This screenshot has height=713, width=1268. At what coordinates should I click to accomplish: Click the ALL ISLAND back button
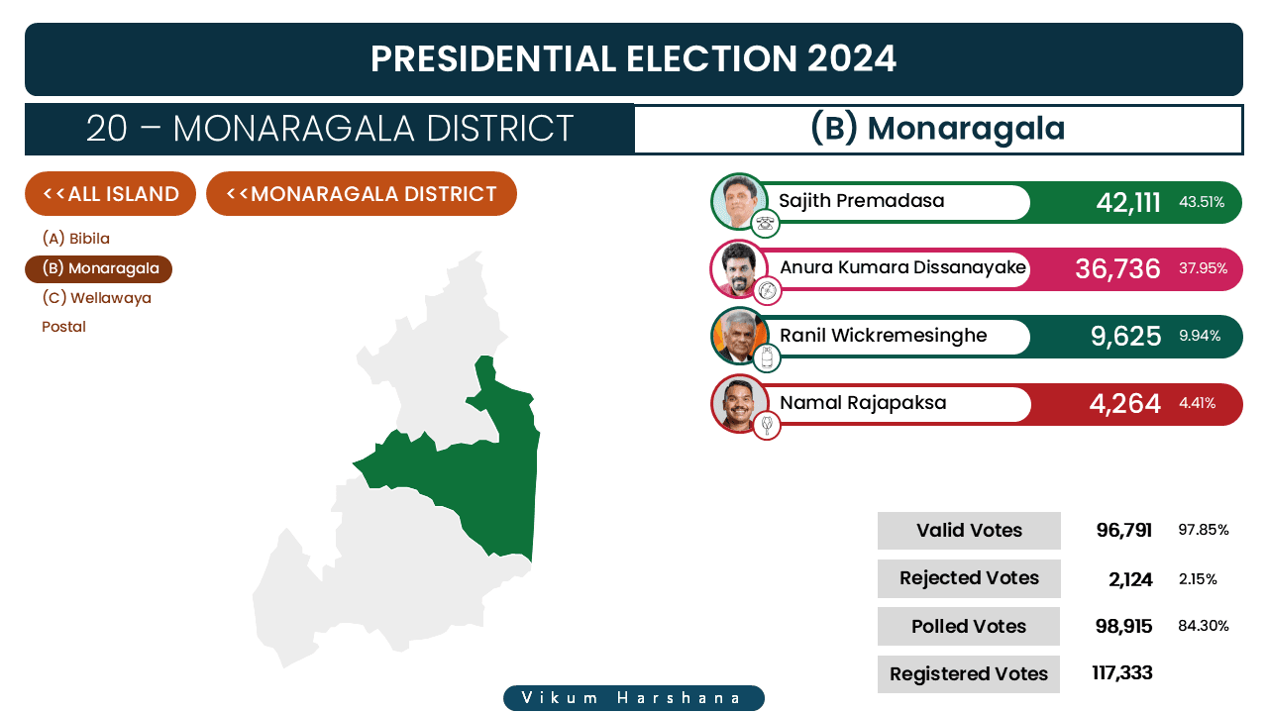point(110,193)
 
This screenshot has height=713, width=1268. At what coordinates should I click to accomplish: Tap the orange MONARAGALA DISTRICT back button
point(362,193)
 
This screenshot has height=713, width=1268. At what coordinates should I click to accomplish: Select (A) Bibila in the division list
point(76,239)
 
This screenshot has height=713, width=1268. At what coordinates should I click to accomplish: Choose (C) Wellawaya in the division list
point(97,298)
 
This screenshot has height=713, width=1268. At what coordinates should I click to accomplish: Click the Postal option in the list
point(64,327)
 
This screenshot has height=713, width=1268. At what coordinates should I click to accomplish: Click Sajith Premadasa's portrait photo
point(739,201)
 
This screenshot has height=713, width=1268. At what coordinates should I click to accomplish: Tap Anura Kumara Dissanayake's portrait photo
point(739,268)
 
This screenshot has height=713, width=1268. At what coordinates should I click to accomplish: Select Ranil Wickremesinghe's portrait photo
point(739,336)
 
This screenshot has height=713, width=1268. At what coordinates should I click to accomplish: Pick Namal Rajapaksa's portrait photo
point(739,403)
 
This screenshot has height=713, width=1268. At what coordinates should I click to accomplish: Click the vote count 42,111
point(1128,203)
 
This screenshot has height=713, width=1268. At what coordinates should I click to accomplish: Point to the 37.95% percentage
point(1203,268)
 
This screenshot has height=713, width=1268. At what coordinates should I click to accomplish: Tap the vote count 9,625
point(1126,336)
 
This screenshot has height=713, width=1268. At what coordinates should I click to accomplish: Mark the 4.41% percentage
point(1198,403)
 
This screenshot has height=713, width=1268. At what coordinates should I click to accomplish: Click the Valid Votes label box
point(969,530)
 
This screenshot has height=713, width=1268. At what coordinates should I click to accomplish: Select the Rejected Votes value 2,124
point(1130,579)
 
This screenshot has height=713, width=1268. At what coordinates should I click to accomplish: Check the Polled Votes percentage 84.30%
point(1204,626)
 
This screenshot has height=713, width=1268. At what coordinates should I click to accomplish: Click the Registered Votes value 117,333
point(1122,672)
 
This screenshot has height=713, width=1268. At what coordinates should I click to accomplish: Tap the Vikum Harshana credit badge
point(634,698)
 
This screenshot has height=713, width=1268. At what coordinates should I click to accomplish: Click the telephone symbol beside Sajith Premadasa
point(765,223)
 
